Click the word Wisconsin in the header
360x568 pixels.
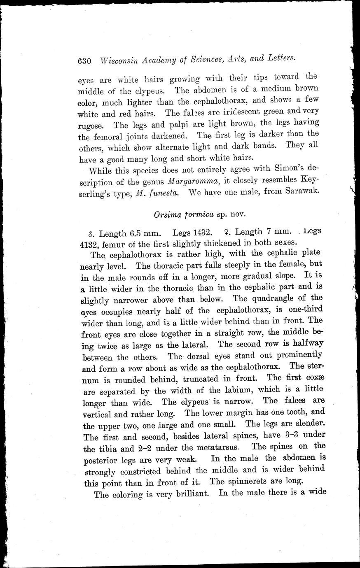pos(119,61)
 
